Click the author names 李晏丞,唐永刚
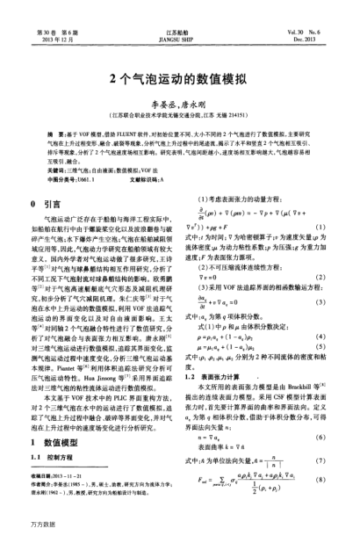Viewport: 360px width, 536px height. coord(179,102)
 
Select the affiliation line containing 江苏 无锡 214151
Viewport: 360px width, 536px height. coord(179,113)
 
